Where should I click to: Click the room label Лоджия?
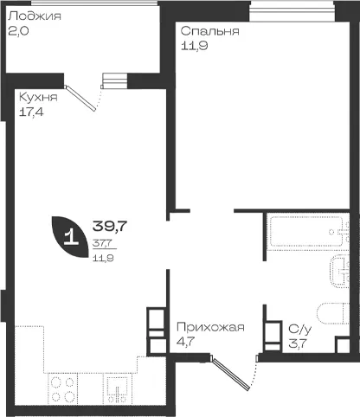click(x=35, y=16)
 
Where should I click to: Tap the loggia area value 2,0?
click(x=18, y=31)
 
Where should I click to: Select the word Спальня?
click(x=210, y=31)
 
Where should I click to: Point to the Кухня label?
click(x=38, y=98)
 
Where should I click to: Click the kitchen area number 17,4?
click(x=31, y=112)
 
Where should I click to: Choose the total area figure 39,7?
click(x=110, y=226)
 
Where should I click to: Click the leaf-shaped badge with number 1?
click(x=69, y=236)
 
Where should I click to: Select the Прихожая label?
click(x=210, y=328)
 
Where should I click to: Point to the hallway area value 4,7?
click(x=186, y=342)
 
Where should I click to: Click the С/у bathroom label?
click(x=300, y=330)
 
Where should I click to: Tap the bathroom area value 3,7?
click(x=298, y=343)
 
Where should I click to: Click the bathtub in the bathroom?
click(x=308, y=232)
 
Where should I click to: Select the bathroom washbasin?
click(x=339, y=271)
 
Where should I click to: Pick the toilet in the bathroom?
click(x=333, y=314)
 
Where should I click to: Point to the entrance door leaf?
click(x=230, y=373)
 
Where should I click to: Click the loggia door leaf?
click(x=80, y=98)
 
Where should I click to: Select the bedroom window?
click(x=292, y=11)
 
